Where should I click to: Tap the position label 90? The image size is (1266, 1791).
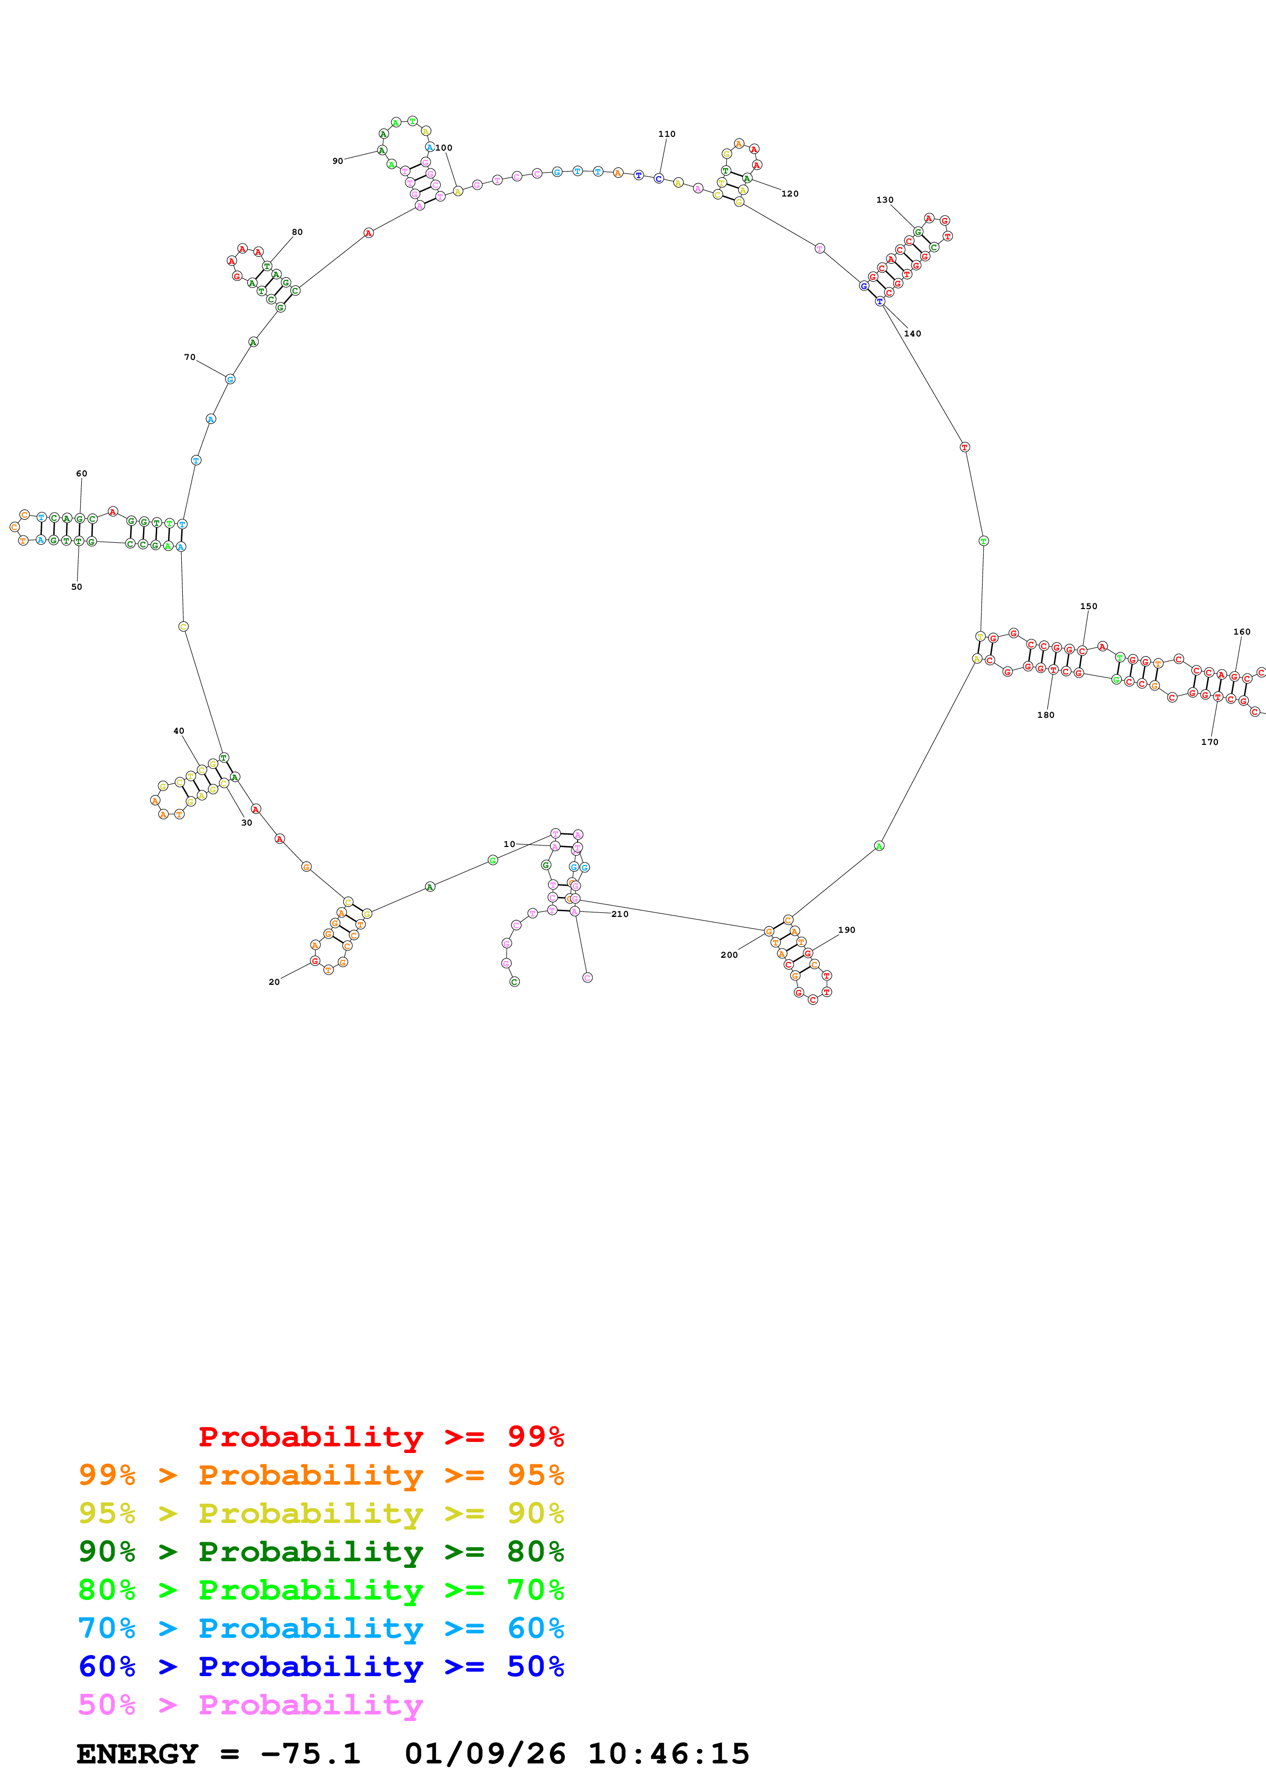tap(337, 161)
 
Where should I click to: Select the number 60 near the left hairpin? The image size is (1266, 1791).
tap(81, 473)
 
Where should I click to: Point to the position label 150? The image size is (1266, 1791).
tap(1088, 606)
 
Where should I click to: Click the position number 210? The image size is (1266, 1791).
tap(619, 914)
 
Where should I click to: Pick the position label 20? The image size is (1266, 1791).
tap(274, 982)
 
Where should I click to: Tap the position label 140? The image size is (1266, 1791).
tap(912, 334)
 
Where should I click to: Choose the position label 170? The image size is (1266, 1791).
tap(1209, 742)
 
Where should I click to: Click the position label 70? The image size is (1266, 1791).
tap(189, 357)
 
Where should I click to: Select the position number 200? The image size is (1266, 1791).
tap(729, 955)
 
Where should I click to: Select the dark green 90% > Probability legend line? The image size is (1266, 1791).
tap(321, 1552)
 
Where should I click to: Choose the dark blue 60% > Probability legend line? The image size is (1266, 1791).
tap(321, 1666)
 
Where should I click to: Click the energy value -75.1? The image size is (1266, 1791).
tap(310, 1754)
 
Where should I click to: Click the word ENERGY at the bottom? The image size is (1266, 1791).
tap(137, 1754)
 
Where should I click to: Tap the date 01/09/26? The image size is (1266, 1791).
tap(485, 1754)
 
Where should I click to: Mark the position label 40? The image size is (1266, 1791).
tap(179, 731)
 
